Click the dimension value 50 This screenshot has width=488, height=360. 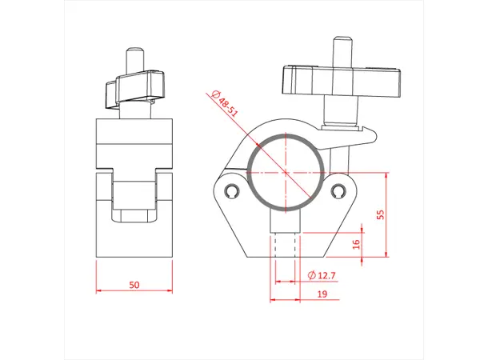click(x=134, y=284)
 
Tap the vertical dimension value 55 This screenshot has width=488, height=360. click(x=381, y=214)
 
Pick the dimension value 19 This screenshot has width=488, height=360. click(x=320, y=294)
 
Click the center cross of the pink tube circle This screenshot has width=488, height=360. click(x=286, y=171)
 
